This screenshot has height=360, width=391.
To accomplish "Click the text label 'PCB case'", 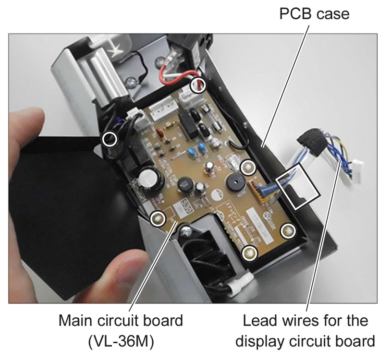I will click(314, 14).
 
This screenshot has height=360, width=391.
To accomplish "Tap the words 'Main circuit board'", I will click(121, 320).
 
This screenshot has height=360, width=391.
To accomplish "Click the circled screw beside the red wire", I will click(198, 86).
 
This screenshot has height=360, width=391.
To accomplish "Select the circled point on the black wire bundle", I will click(110, 139).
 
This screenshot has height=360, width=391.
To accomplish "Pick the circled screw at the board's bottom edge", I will click(249, 252).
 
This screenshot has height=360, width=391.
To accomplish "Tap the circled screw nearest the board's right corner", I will click(287, 230).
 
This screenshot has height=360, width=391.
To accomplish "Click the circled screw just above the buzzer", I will click(248, 167).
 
